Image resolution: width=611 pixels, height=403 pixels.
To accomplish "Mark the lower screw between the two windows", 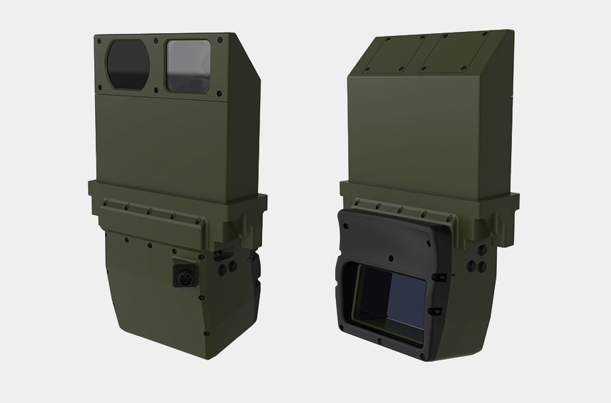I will [157, 88].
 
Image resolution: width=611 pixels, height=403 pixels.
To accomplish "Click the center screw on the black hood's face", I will [392, 257].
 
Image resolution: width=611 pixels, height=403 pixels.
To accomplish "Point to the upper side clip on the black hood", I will [439, 277].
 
